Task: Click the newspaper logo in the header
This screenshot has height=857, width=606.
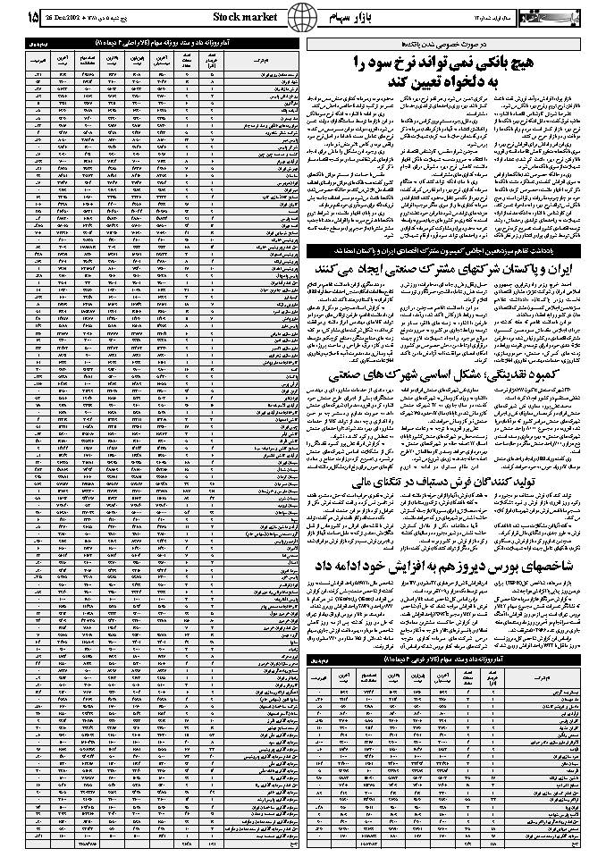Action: (571, 16)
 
